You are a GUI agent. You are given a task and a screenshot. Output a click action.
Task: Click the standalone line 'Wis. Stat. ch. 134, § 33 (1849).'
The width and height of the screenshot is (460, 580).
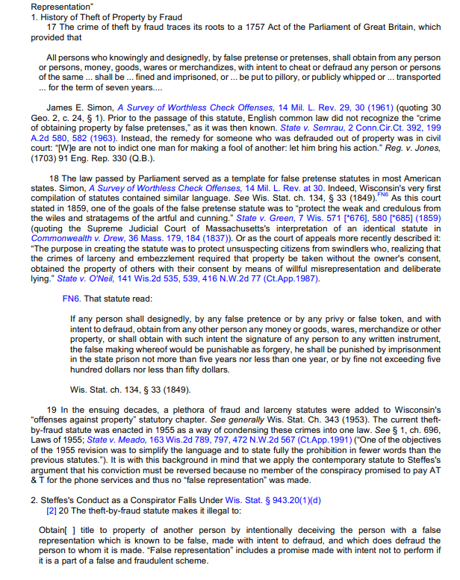tap(131, 389)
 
